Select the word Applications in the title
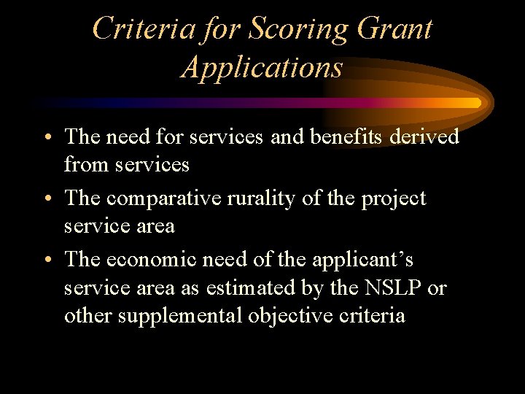262,67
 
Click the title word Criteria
142,29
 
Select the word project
394,198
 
